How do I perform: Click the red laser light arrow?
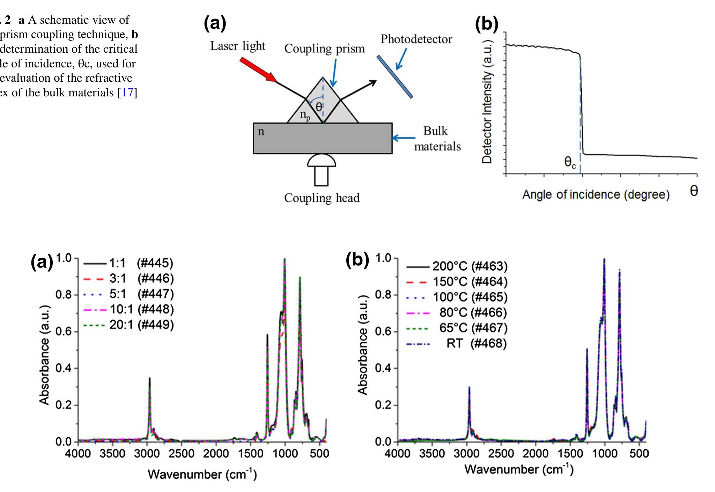click(x=258, y=69)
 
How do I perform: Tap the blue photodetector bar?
click(x=395, y=76)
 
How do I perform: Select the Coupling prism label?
click(x=324, y=49)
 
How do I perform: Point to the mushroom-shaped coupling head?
click(x=322, y=169)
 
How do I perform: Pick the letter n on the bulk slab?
click(x=261, y=132)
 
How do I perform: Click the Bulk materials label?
click(x=437, y=139)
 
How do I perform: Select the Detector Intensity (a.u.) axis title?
click(x=487, y=102)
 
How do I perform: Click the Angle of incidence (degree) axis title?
click(x=596, y=194)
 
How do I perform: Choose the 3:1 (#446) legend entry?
click(x=141, y=279)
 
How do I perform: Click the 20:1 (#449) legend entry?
click(x=141, y=325)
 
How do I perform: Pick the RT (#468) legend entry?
click(x=476, y=343)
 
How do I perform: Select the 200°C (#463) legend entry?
click(x=470, y=266)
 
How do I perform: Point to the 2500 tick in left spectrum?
click(x=181, y=454)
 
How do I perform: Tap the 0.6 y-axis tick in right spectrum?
click(x=383, y=331)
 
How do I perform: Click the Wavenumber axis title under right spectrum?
click(x=519, y=469)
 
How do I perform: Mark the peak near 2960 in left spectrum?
click(x=150, y=379)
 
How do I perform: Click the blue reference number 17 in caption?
click(x=127, y=93)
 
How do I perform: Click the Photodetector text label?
click(x=416, y=39)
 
